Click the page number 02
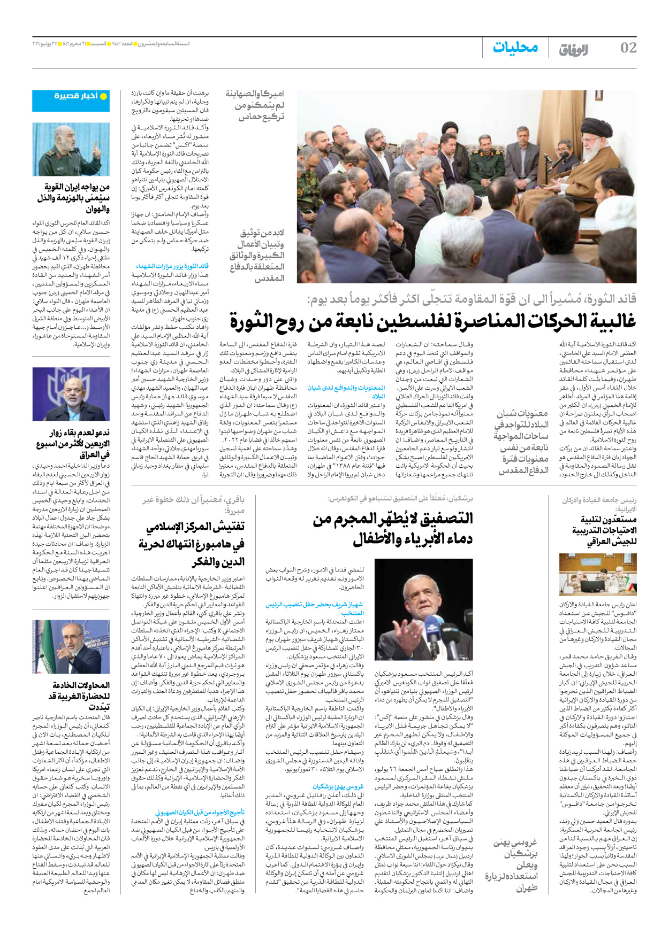tap(628, 48)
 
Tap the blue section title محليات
tap(515, 48)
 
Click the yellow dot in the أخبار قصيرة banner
tap(104, 96)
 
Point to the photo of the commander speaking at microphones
tap(71, 149)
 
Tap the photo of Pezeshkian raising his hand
tap(423, 609)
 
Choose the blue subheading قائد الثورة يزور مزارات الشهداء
tap(172, 266)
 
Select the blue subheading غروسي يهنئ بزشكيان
tap(338, 786)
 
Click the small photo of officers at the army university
tap(597, 575)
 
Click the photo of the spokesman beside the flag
tap(71, 647)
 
